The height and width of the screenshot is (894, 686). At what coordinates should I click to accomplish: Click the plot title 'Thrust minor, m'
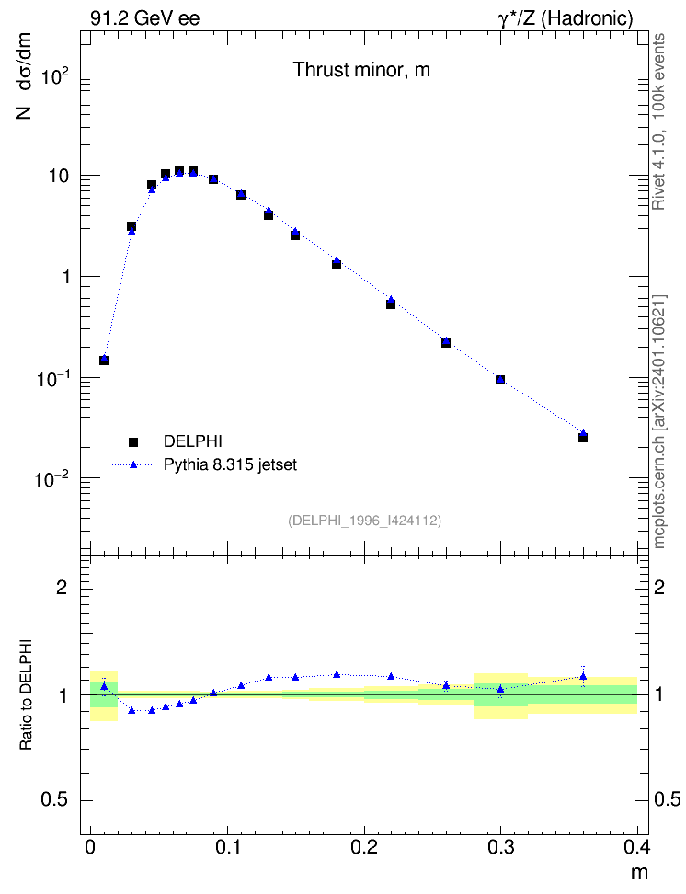[361, 70]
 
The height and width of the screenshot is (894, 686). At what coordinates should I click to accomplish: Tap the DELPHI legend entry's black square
[133, 441]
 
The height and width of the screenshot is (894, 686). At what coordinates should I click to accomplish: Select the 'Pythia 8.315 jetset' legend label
[231, 464]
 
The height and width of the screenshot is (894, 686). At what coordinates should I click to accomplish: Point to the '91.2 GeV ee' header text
[145, 18]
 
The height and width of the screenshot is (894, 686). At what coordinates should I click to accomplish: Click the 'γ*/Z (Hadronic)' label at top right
[566, 18]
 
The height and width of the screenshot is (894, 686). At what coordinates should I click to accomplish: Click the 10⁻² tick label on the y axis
[51, 479]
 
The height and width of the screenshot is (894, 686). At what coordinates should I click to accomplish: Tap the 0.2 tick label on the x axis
[364, 847]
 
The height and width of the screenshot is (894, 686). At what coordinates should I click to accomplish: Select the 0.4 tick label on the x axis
[637, 847]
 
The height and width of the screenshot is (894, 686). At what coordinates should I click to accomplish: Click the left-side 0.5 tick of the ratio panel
[54, 800]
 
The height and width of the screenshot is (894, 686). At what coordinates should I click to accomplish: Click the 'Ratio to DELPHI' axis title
[26, 694]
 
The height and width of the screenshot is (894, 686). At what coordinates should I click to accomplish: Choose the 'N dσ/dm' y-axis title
[23, 76]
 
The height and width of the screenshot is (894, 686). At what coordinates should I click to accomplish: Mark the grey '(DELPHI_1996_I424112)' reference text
[364, 521]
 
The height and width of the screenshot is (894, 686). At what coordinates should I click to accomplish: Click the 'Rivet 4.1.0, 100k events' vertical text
[658, 121]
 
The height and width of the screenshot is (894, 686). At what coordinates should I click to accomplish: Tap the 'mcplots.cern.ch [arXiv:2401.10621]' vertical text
[659, 421]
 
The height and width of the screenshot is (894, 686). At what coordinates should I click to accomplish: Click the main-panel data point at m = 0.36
[583, 437]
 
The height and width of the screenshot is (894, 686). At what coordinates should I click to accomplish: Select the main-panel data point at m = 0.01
[104, 360]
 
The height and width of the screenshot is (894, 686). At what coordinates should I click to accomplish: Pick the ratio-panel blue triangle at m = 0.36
[583, 677]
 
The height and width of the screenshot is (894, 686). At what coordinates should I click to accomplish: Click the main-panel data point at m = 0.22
[391, 303]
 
